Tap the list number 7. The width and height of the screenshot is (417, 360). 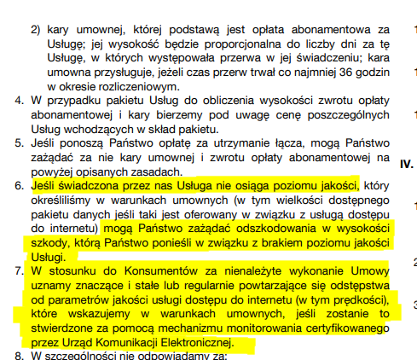[20, 270]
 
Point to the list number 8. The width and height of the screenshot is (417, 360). [20, 354]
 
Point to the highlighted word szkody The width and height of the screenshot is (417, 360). [50, 243]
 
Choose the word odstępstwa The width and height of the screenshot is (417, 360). [358, 286]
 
